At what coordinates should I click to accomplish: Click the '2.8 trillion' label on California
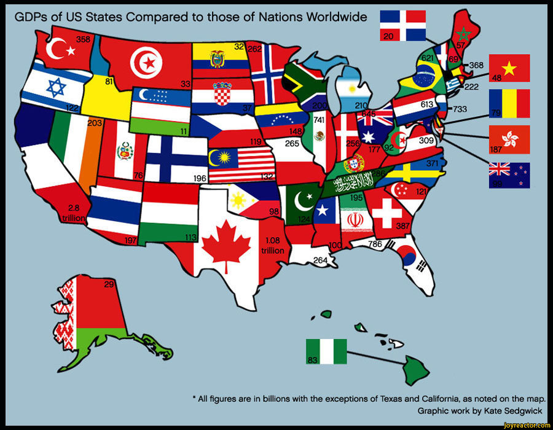point(74,213)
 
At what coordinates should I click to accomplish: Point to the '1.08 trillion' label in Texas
point(272,246)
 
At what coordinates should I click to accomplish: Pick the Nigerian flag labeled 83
point(326,351)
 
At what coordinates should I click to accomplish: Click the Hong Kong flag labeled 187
point(509,140)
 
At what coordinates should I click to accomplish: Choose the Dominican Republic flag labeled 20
point(403,26)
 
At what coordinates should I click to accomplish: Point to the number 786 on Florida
point(374,244)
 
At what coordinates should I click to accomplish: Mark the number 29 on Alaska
point(109,284)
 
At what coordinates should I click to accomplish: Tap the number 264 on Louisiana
point(320,260)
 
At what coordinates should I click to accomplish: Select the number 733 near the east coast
point(460,109)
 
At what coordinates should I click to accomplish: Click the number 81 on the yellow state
point(109,81)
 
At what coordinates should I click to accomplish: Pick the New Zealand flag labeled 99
point(509,175)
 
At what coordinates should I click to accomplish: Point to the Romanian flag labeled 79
point(509,104)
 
